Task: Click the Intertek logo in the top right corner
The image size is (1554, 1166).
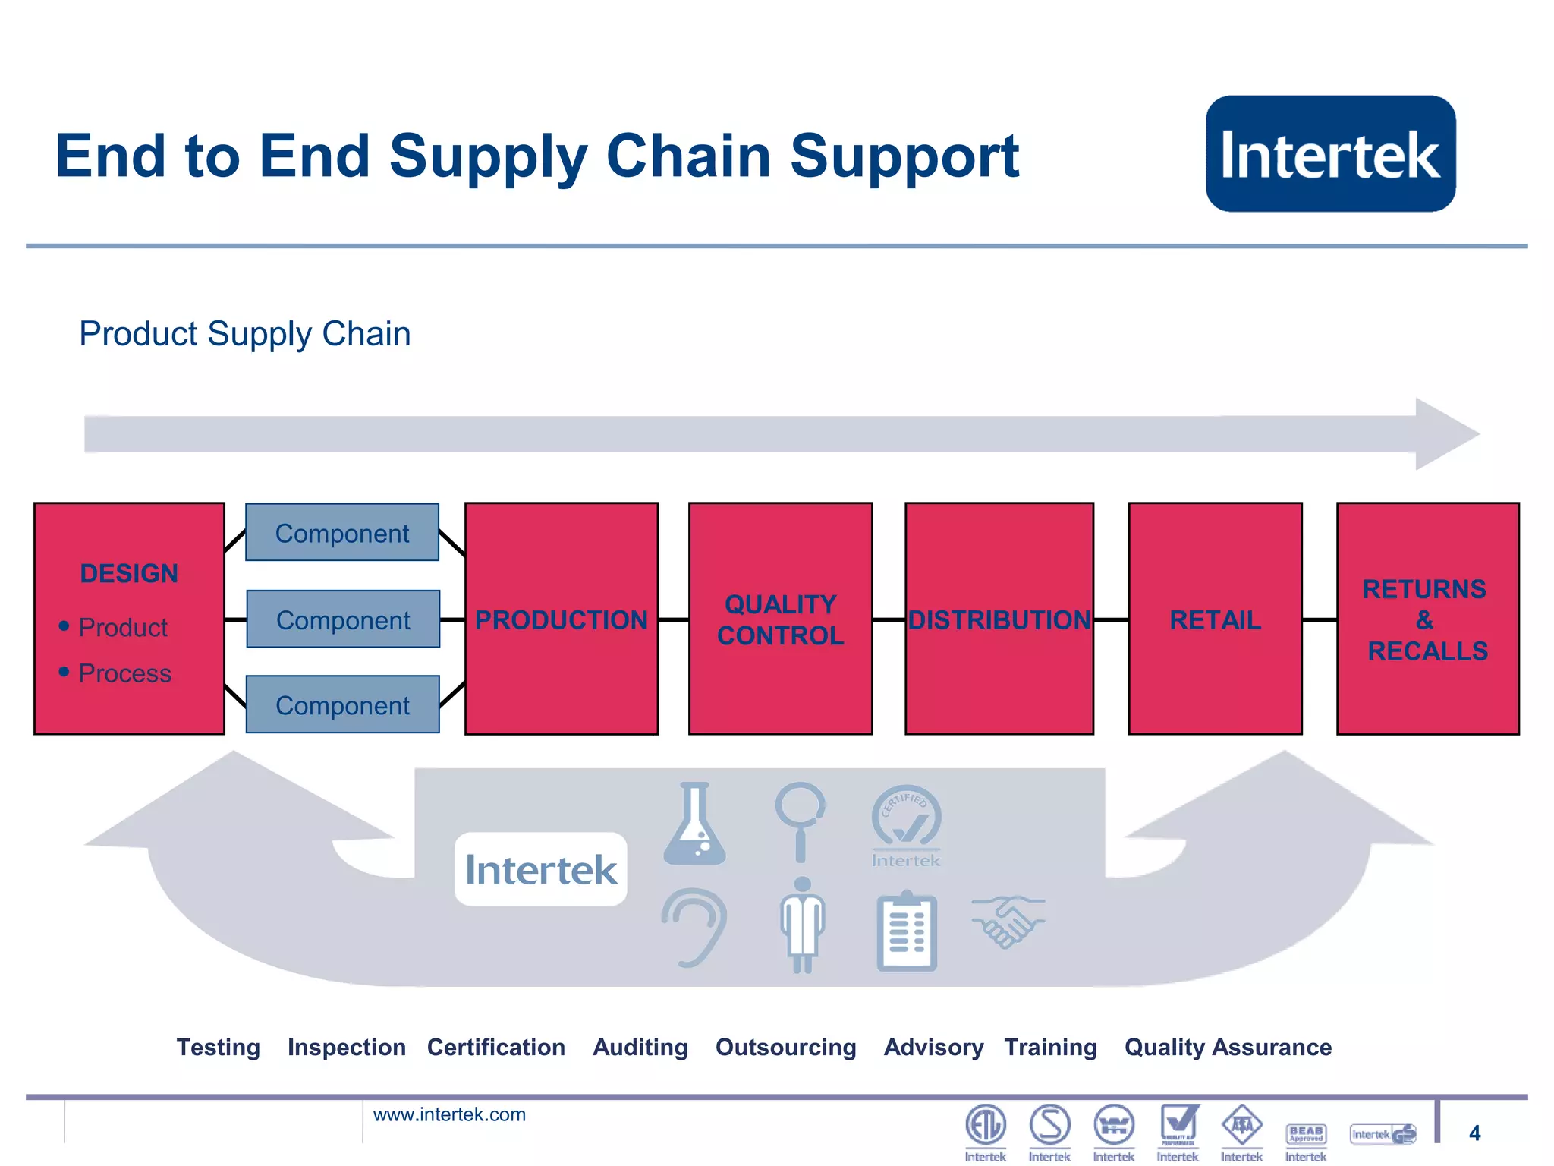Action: (1330, 153)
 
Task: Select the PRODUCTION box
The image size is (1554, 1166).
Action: (561, 619)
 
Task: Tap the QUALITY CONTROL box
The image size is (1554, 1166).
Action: (780, 619)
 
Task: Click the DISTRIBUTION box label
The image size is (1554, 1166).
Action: (999, 620)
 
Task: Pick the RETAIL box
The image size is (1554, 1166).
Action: (1215, 619)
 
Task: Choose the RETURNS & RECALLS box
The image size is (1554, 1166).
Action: (1427, 619)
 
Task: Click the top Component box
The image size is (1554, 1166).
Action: (342, 533)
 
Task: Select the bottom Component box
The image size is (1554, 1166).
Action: (342, 704)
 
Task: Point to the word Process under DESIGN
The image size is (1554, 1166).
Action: (125, 673)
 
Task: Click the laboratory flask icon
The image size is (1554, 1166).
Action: (694, 825)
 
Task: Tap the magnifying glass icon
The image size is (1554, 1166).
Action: (801, 820)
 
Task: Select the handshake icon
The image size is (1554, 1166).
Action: (1007, 922)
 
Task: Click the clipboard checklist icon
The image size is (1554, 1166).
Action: (907, 931)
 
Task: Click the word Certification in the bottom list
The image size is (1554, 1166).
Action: (496, 1047)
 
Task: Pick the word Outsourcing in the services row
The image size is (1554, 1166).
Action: (785, 1047)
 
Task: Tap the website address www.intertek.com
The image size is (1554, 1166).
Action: (449, 1114)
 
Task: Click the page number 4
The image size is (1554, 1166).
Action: (1474, 1133)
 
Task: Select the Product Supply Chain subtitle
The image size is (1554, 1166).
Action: (245, 334)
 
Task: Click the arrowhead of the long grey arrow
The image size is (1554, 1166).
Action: (1445, 433)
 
